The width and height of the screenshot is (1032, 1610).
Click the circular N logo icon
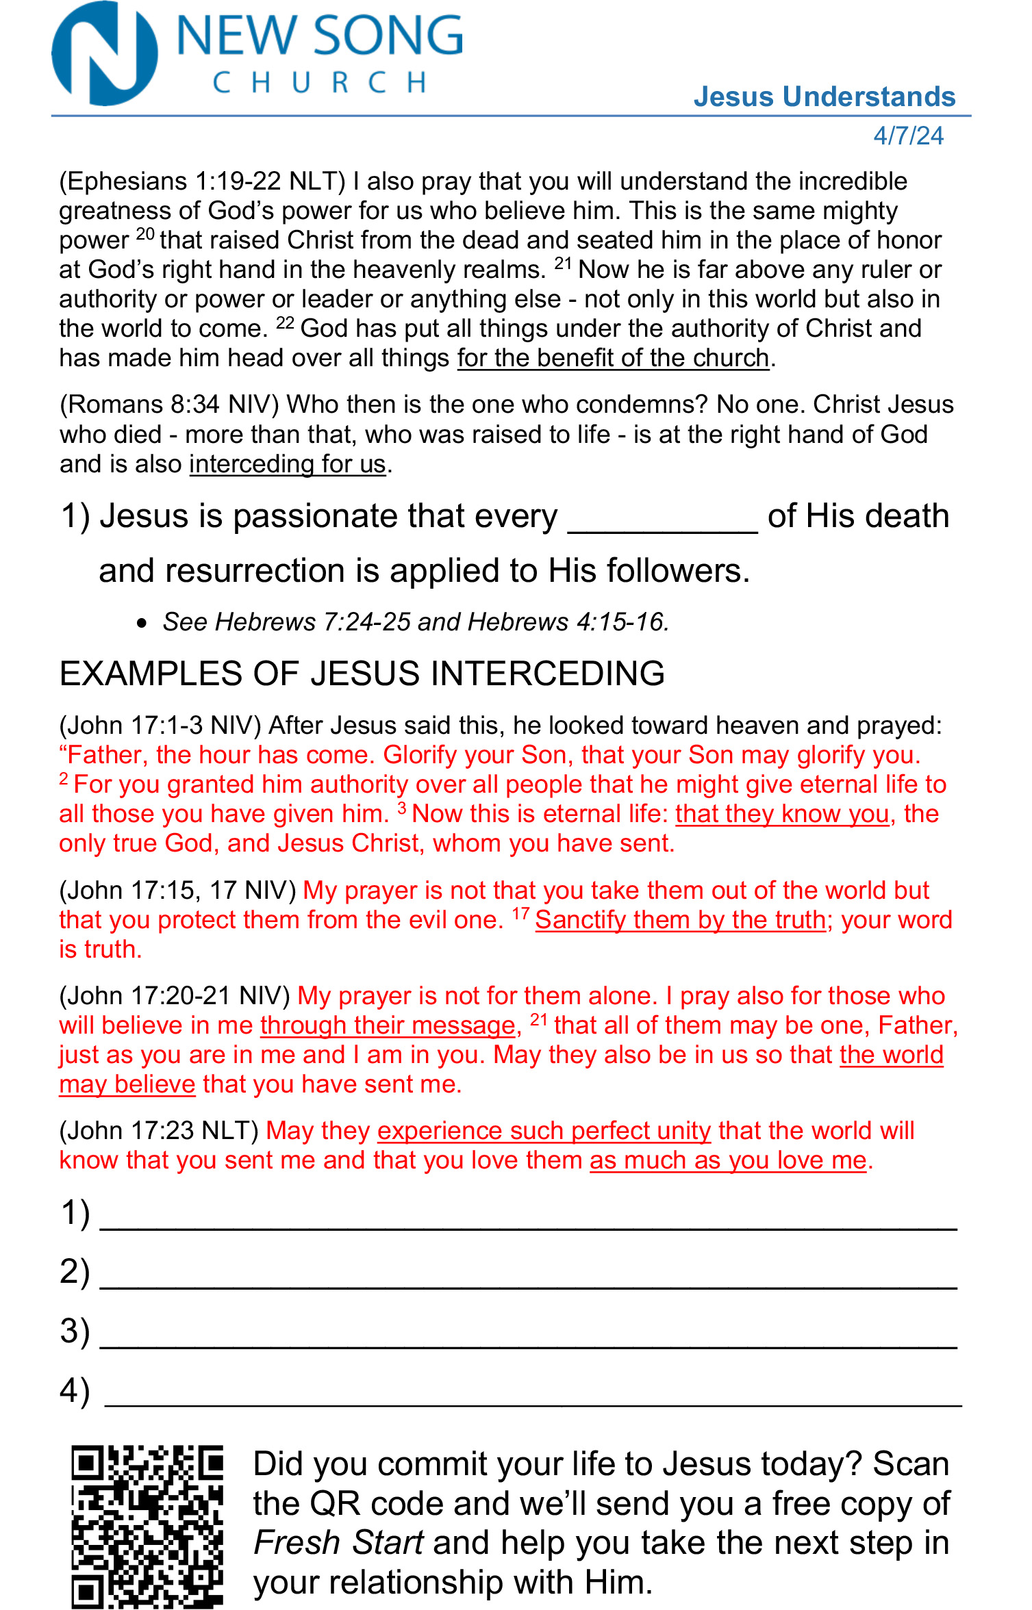(104, 54)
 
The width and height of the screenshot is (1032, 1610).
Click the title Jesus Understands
(824, 97)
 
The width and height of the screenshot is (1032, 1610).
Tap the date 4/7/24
(908, 136)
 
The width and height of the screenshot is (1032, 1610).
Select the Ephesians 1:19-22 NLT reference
(203, 181)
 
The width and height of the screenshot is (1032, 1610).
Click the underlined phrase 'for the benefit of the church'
(613, 358)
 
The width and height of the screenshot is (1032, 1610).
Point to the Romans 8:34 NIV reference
(170, 405)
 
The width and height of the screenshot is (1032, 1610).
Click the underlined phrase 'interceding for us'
(288, 464)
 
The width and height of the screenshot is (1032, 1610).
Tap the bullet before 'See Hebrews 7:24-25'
(142, 623)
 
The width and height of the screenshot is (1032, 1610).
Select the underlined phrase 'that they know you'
(782, 814)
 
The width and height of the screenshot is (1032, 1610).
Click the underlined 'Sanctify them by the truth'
(680, 920)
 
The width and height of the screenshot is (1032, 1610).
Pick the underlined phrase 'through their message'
(388, 1025)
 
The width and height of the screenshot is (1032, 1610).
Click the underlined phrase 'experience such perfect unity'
(544, 1131)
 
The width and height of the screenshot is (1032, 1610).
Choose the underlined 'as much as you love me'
(728, 1160)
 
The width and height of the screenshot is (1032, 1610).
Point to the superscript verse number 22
(285, 323)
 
